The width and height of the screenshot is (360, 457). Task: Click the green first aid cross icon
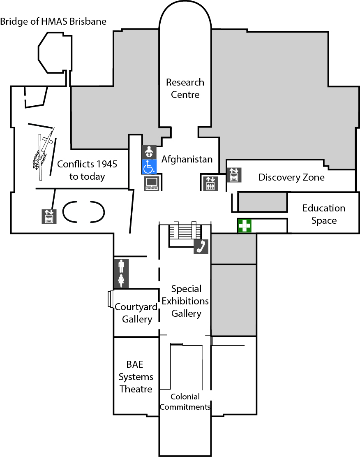coord(245,226)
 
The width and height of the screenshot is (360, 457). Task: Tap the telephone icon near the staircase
coord(201,246)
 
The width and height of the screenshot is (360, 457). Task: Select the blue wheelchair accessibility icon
coord(149,167)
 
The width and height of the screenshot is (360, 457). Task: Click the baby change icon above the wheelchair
coord(149,152)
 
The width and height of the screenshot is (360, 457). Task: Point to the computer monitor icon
coord(152,183)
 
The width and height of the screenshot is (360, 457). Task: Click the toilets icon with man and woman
coord(121,274)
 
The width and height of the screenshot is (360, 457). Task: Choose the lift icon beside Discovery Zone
coord(234,175)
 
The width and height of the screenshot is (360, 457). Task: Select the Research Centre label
coord(185,88)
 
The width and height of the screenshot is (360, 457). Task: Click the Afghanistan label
coord(187,159)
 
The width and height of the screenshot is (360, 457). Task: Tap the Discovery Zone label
coord(291,177)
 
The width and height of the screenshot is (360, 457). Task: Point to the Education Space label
coord(324,214)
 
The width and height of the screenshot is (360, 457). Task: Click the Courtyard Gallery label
coord(136,313)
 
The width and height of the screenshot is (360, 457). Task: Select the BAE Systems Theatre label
coord(135,376)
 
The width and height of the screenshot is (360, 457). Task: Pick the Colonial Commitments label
coord(185,402)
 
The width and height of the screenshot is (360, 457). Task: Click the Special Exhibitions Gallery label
coord(185,301)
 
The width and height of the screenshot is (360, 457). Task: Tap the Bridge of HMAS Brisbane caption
coord(53,21)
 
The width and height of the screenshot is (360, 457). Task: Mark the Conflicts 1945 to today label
coord(87,170)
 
